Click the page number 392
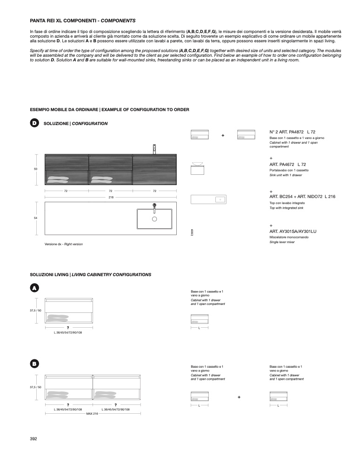click(x=33, y=438)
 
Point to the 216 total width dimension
click(x=111, y=197)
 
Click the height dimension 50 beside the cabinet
click(x=36, y=169)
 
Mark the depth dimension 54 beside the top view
click(x=36, y=218)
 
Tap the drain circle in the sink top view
click(x=154, y=218)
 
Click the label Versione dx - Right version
click(x=64, y=244)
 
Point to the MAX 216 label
click(x=93, y=413)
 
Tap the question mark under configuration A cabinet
click(x=68, y=328)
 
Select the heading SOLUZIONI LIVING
click(x=49, y=275)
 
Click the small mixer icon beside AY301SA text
click(x=192, y=232)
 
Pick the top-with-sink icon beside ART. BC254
click(x=208, y=199)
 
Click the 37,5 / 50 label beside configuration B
click(x=36, y=387)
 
